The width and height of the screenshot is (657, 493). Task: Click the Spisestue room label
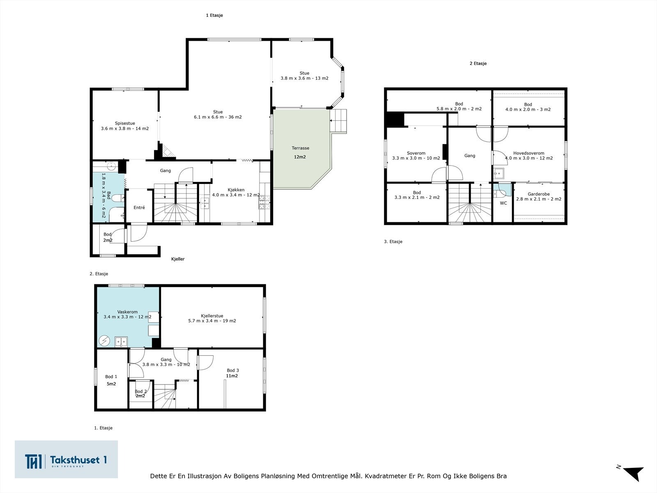(x=125, y=123)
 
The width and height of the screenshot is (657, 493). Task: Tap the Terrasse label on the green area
(x=300, y=148)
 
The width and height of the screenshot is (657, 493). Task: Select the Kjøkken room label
(x=236, y=190)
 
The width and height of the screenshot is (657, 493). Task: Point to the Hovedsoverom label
(x=528, y=153)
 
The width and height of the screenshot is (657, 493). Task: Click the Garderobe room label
(x=538, y=194)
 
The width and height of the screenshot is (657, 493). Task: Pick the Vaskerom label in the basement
(x=128, y=311)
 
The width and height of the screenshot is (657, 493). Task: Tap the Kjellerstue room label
(x=212, y=316)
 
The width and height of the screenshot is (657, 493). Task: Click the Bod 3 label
(x=232, y=370)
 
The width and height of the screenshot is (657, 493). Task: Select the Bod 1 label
(x=111, y=377)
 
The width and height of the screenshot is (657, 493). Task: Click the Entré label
(x=139, y=207)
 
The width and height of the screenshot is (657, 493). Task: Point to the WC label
(x=503, y=203)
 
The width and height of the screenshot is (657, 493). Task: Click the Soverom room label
(x=416, y=153)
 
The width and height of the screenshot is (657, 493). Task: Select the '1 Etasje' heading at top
(x=214, y=15)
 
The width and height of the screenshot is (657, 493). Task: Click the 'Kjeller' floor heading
(x=178, y=259)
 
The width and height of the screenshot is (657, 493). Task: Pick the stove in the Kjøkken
(x=264, y=202)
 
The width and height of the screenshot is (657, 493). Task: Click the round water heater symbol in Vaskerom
(x=104, y=341)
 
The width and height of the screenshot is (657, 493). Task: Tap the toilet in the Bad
(x=119, y=198)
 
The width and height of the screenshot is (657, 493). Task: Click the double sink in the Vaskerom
(x=121, y=341)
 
